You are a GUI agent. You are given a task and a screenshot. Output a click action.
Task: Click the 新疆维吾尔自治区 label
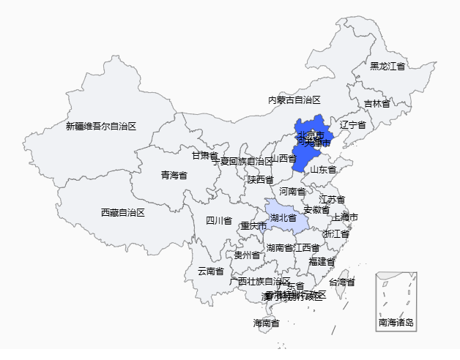point(101,127)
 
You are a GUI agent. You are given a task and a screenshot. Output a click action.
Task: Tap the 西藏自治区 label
point(122,213)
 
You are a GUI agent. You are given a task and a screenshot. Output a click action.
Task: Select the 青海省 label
point(174,176)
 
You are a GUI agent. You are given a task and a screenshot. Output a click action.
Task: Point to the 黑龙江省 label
point(387,67)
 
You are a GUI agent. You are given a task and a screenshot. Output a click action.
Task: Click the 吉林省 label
point(376,104)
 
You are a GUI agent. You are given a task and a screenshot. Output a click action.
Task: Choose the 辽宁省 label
point(352,126)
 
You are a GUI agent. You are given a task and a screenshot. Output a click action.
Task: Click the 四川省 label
point(218,221)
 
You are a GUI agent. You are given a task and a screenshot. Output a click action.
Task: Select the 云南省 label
point(211,271)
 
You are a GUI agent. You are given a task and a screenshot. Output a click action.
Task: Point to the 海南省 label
point(266,323)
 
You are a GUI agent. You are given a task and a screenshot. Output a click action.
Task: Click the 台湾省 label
point(341,282)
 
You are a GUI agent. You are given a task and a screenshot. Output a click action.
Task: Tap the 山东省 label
point(323,170)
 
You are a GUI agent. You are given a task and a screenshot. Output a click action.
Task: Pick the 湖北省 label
point(283,218)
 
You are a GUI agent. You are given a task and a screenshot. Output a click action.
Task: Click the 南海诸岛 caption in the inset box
point(396,323)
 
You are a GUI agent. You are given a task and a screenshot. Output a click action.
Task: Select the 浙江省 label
point(335,234)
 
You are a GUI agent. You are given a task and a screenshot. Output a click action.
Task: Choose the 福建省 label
point(322,261)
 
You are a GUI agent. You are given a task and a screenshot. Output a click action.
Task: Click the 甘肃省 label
point(204,155)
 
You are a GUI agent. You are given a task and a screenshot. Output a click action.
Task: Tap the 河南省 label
point(292,192)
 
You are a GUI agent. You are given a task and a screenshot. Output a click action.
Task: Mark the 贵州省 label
point(247,255)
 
